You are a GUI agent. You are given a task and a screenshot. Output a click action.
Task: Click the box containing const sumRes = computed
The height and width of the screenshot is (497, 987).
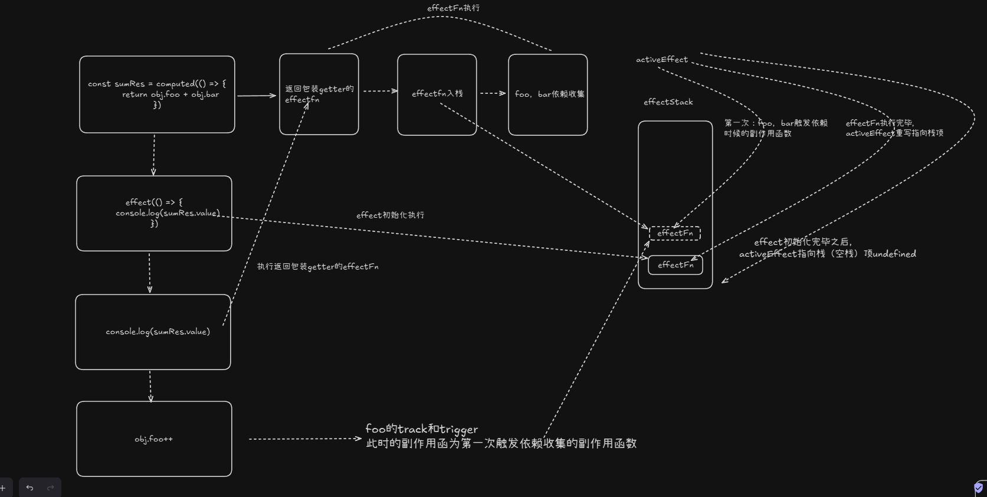pyautogui.click(x=157, y=94)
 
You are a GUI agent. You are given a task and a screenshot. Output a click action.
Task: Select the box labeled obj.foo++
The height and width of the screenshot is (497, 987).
pyautogui.click(x=154, y=439)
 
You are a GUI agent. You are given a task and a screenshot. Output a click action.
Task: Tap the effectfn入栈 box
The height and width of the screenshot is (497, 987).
pyautogui.click(x=437, y=94)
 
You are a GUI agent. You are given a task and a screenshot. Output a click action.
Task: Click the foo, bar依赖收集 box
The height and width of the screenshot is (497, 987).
pyautogui.click(x=547, y=94)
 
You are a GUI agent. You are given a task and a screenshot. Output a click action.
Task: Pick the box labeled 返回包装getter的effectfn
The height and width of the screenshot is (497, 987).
pyautogui.click(x=319, y=94)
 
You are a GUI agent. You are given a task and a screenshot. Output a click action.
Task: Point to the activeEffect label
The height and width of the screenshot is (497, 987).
pyautogui.click(x=661, y=60)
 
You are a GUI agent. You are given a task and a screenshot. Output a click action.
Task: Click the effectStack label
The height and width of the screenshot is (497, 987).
pyautogui.click(x=668, y=102)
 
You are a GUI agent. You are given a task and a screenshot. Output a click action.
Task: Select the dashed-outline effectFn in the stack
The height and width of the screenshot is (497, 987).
pyautogui.click(x=675, y=233)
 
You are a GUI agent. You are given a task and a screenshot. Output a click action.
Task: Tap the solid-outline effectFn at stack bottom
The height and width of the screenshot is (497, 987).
pyautogui.click(x=675, y=265)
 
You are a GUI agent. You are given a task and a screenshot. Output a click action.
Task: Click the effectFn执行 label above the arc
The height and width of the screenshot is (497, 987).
pyautogui.click(x=453, y=8)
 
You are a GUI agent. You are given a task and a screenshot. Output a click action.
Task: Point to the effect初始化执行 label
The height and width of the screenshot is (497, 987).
pyautogui.click(x=390, y=215)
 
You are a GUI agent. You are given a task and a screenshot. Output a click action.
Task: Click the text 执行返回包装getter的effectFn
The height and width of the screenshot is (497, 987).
pyautogui.click(x=317, y=267)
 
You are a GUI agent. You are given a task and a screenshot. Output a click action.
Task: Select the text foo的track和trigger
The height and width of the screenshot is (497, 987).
pyautogui.click(x=421, y=429)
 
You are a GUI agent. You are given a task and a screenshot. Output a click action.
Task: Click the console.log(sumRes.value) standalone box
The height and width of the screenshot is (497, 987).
pyautogui.click(x=153, y=332)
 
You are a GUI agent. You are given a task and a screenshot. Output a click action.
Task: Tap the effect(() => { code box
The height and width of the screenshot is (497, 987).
pyautogui.click(x=154, y=213)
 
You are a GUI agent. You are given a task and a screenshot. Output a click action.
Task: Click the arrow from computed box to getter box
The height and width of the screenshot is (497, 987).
pyautogui.click(x=257, y=95)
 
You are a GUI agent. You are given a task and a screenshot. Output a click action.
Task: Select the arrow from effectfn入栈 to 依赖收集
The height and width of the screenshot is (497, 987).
pyautogui.click(x=493, y=93)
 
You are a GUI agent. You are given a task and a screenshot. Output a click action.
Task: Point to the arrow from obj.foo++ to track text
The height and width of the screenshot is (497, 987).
pyautogui.click(x=304, y=439)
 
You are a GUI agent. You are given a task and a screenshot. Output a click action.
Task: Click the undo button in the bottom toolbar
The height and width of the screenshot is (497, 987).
pyautogui.click(x=29, y=488)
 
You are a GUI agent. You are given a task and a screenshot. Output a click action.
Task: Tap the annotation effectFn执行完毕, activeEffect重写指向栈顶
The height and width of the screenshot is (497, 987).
pyautogui.click(x=894, y=128)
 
